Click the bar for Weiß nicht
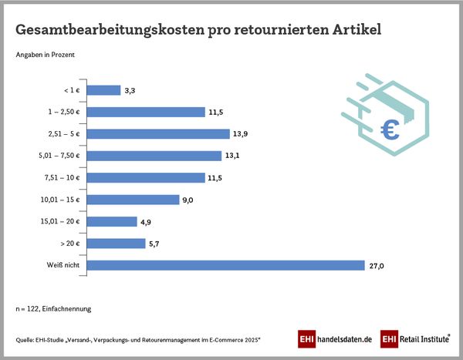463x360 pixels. pyautogui.click(x=225, y=265)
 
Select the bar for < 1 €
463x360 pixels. pyautogui.click(x=104, y=90)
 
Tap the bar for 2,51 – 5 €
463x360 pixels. pyautogui.click(x=158, y=134)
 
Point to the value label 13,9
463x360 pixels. pyautogui.click(x=241, y=134)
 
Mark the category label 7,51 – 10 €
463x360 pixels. pyautogui.click(x=63, y=178)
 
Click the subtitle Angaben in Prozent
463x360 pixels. pyautogui.click(x=46, y=55)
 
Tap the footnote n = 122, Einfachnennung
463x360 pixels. pyautogui.click(x=53, y=308)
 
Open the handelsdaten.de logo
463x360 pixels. pyautogui.click(x=335, y=339)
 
